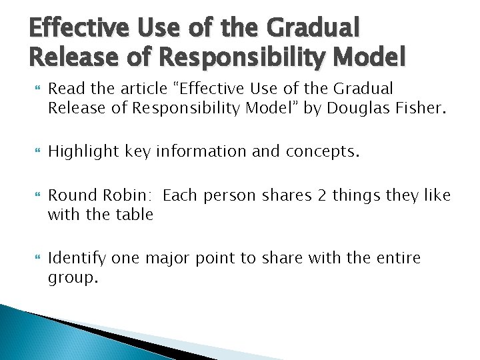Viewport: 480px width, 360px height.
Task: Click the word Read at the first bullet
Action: (x=64, y=88)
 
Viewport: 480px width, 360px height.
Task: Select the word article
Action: (x=138, y=88)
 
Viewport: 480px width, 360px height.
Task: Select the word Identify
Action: (x=77, y=258)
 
